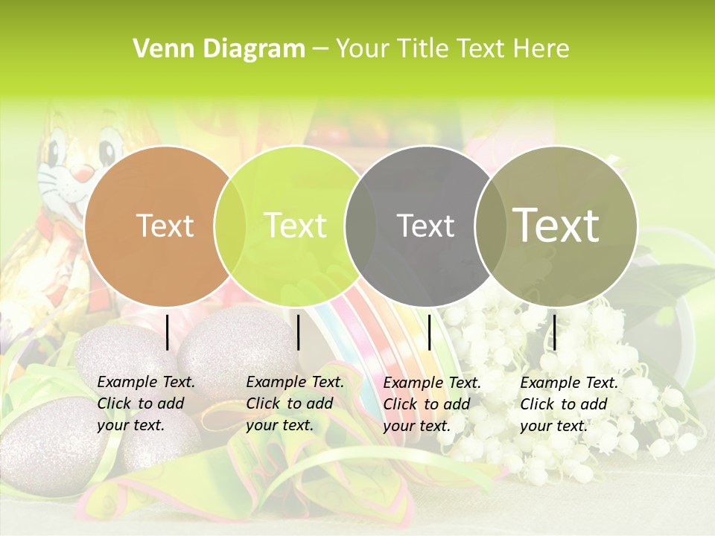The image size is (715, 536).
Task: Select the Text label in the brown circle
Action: point(165,226)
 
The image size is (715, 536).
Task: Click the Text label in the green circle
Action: point(296,226)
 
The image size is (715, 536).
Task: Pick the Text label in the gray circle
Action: point(426,226)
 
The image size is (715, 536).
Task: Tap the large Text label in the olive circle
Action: point(556,226)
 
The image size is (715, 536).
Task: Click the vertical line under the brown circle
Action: point(168,332)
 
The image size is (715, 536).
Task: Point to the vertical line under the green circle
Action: point(298,332)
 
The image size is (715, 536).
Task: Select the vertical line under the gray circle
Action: point(430,332)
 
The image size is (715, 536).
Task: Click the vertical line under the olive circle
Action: point(555,332)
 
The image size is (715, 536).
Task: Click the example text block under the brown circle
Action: point(146,404)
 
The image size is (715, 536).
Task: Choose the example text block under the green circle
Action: point(295,404)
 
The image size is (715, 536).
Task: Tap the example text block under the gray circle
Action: point(432,404)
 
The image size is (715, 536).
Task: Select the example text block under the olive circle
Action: point(569,404)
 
